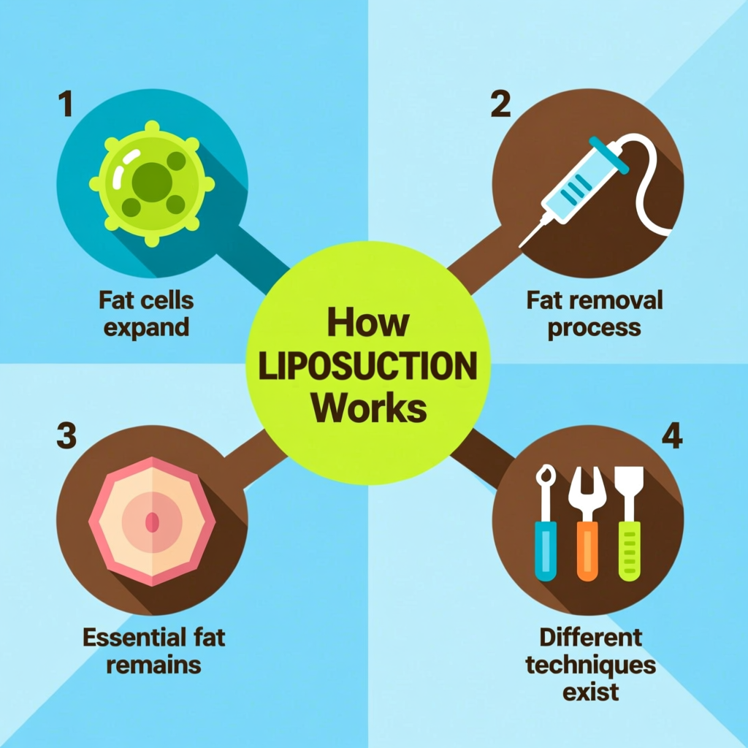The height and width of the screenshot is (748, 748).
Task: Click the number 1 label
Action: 66,104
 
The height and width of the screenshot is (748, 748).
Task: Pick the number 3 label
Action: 66,436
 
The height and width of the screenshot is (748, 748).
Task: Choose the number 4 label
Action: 671,436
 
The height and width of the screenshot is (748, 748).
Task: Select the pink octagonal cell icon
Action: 152,520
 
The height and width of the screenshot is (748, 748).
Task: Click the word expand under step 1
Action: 146,327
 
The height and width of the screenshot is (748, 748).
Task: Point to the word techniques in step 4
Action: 591,665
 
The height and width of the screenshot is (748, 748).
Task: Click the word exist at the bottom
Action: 591,691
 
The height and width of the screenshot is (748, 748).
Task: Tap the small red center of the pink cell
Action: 152,522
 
